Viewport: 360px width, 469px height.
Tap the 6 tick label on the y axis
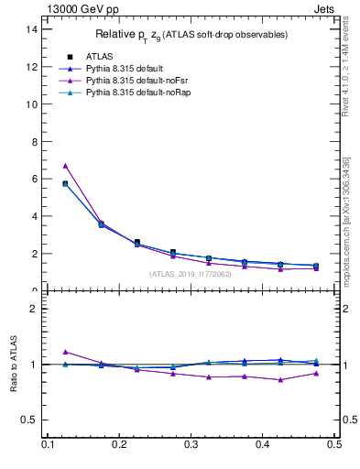point(35,180)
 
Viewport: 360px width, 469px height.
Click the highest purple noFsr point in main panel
point(65,166)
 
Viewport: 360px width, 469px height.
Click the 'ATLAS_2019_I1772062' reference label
point(191,273)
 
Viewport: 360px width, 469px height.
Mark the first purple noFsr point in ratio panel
point(65,352)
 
